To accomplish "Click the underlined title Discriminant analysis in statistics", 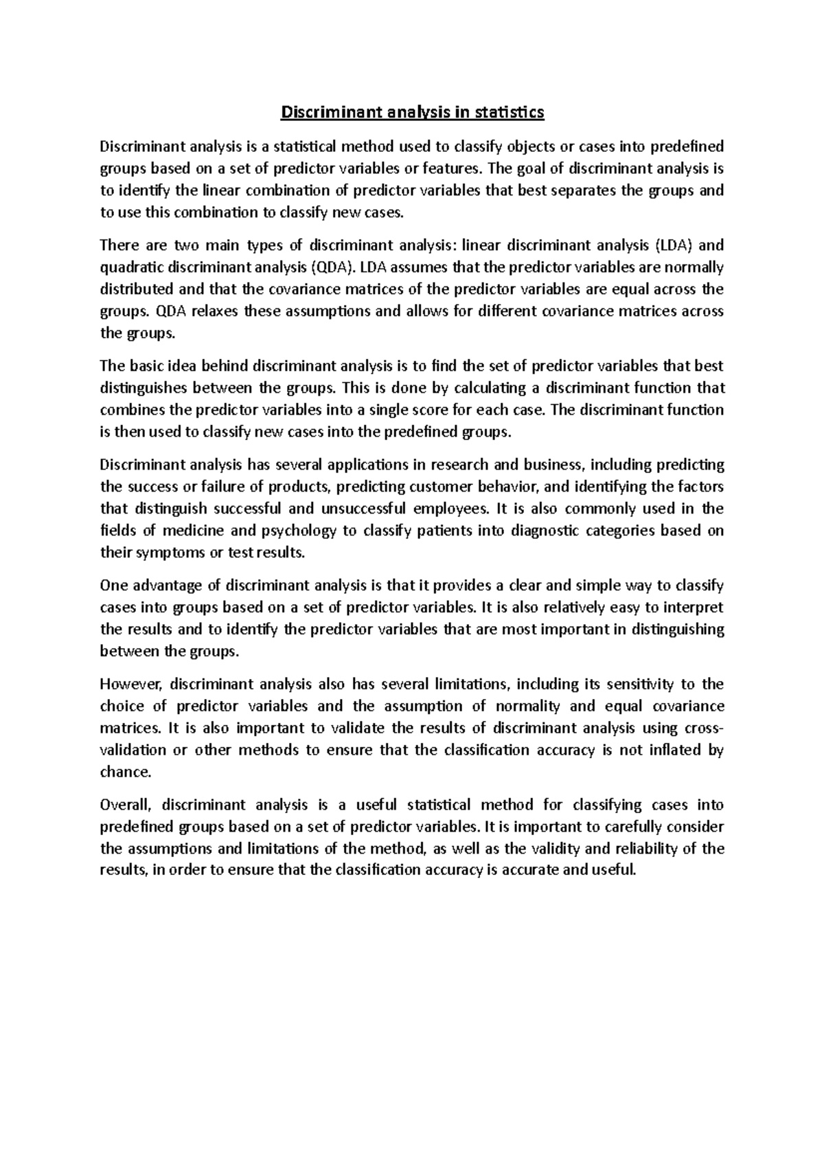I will (412, 112).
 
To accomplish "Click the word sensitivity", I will (639, 684).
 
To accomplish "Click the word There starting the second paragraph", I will (119, 244).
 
